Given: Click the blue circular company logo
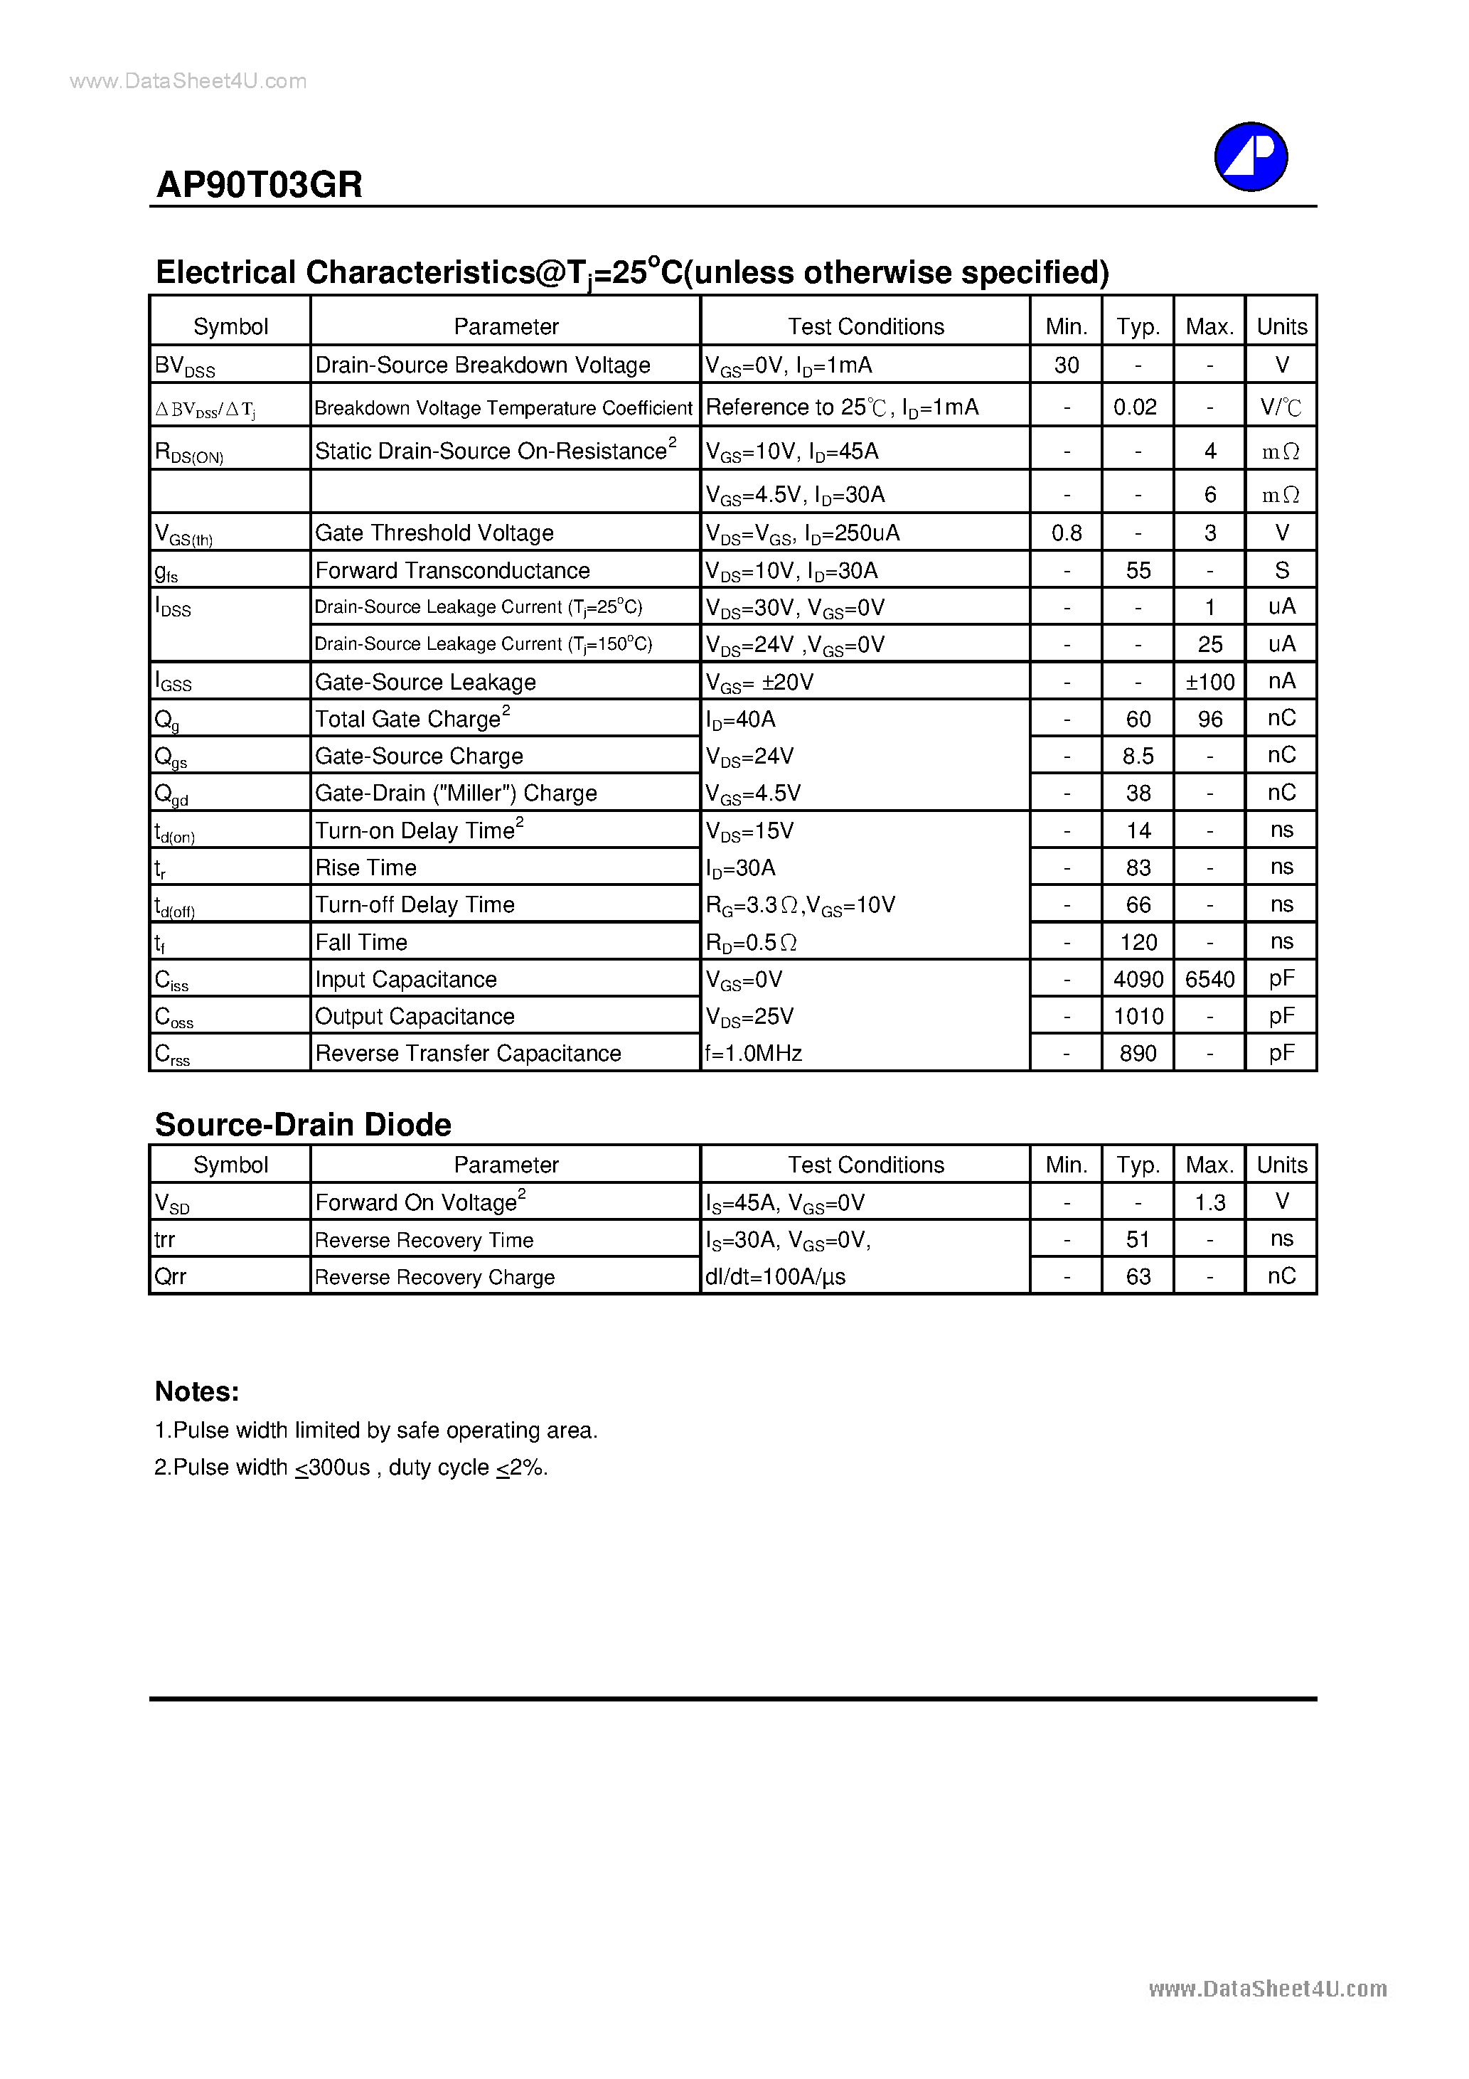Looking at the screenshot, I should pyautogui.click(x=1250, y=156).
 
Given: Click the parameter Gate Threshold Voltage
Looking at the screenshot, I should pyautogui.click(x=434, y=533).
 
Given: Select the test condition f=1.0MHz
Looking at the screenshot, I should pyautogui.click(x=754, y=1053).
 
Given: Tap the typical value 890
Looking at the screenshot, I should pyautogui.click(x=1138, y=1053).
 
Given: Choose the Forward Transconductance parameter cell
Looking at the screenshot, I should pyautogui.click(x=452, y=570).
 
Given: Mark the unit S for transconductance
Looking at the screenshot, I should pyautogui.click(x=1281, y=570).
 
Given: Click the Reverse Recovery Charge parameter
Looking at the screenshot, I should pyautogui.click(x=434, y=1277).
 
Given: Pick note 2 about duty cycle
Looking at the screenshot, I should pyautogui.click(x=351, y=1468).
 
